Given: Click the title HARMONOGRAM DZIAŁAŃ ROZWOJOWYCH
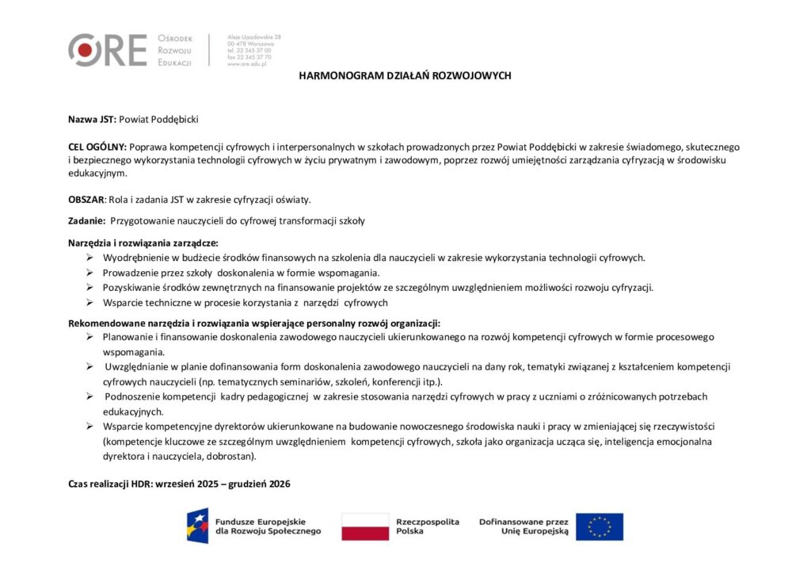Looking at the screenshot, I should (x=405, y=76).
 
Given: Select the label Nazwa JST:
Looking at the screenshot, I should (x=92, y=119).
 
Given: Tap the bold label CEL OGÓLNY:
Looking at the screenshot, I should (x=97, y=147).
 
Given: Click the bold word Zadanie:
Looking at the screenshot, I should (x=86, y=221).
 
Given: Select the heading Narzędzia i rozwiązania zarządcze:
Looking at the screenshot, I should (x=143, y=243).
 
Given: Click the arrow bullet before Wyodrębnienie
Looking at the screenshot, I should (x=90, y=258).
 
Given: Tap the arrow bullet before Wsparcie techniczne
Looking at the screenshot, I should (x=90, y=303).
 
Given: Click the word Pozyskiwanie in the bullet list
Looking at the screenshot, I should (x=130, y=288).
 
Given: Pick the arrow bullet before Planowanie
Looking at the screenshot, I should (x=90, y=337).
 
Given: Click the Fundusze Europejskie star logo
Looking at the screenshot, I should (x=197, y=526).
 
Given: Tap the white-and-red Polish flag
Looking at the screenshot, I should (x=365, y=526).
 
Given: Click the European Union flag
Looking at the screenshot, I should (x=599, y=526).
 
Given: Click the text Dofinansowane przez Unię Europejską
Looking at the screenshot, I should (x=524, y=526).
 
